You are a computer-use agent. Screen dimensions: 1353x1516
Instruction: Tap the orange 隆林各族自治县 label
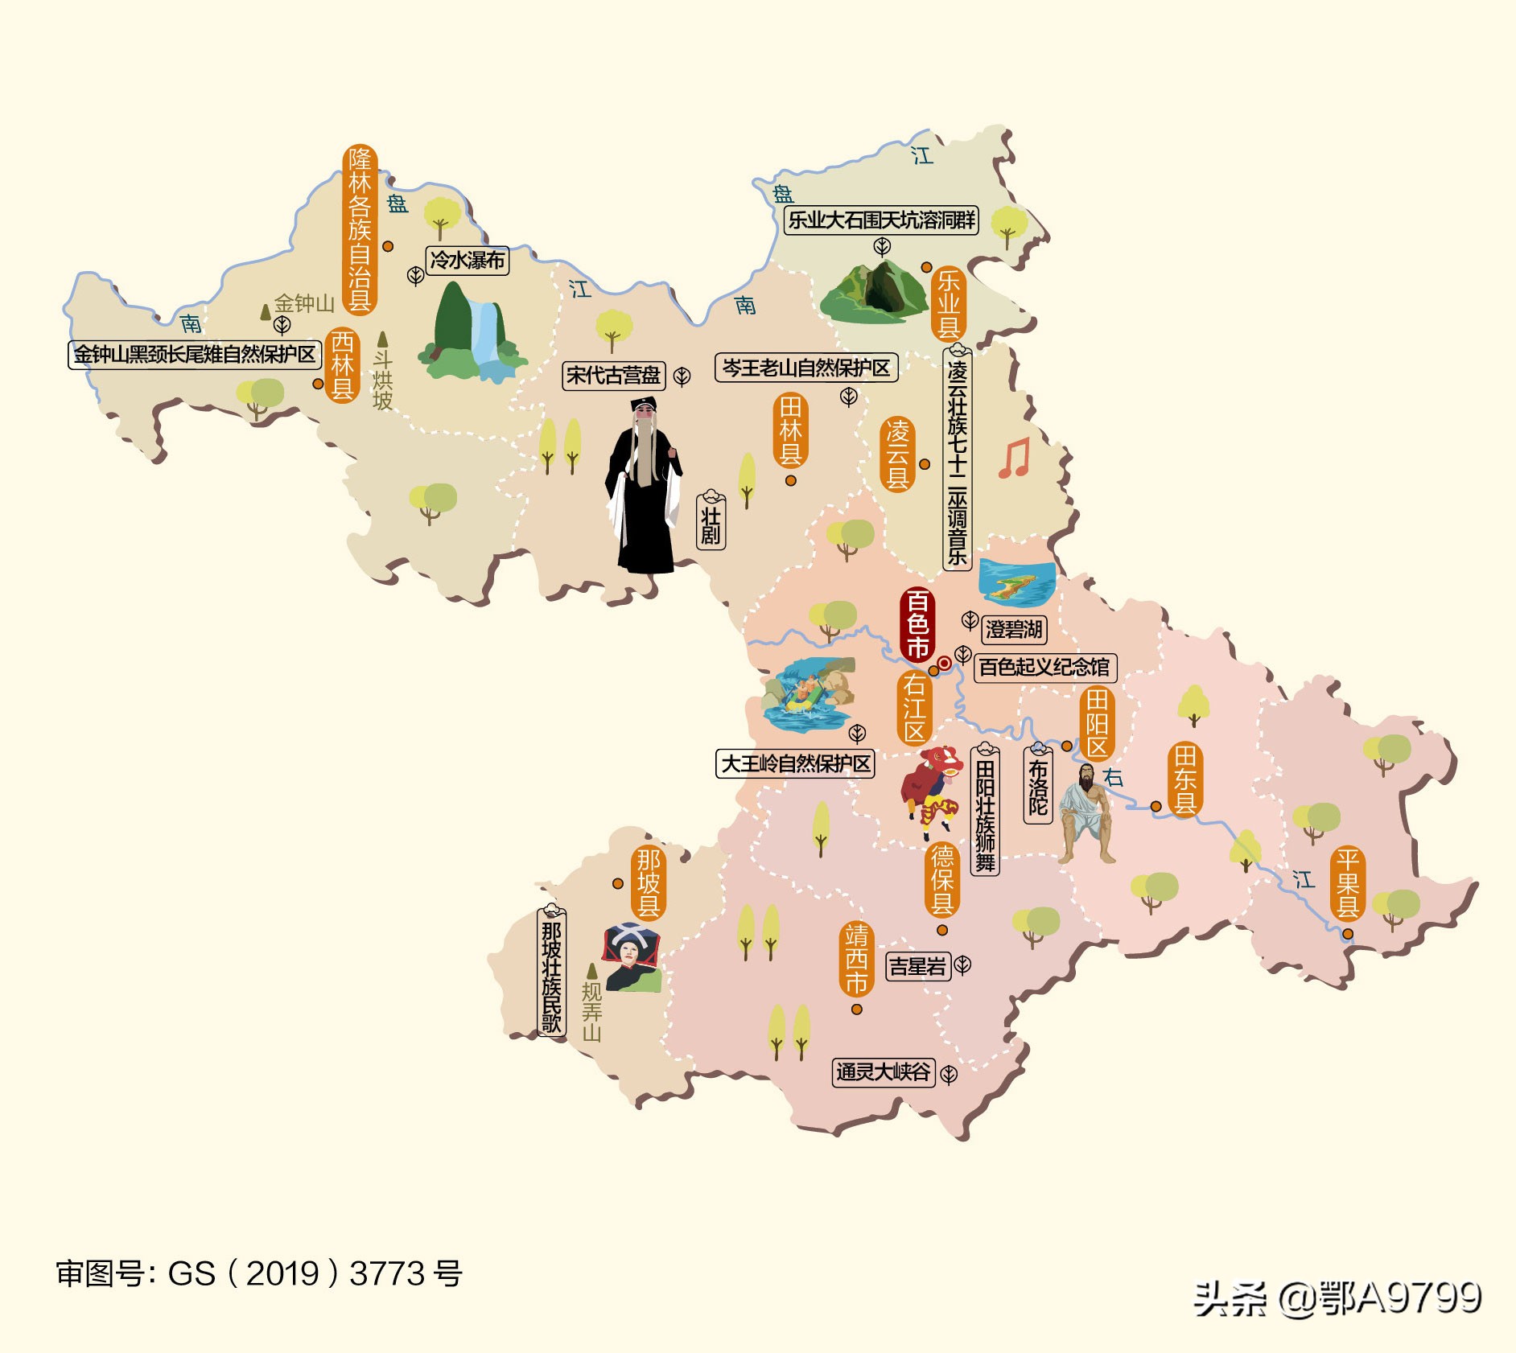pos(360,230)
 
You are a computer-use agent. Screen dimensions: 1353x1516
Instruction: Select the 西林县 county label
pos(343,364)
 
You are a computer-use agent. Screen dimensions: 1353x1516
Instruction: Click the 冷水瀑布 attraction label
pos(468,261)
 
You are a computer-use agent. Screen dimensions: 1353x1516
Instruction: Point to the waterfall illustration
pos(472,334)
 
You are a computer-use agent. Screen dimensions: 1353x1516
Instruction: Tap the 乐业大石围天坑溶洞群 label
pos(881,220)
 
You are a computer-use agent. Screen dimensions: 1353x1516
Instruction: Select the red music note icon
pos(1014,459)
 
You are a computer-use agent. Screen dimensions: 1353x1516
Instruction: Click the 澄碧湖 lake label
pos(1014,629)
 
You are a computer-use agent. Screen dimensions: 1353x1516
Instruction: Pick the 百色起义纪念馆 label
pos(1044,667)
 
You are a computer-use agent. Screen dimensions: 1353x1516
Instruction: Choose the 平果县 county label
pos(1348,883)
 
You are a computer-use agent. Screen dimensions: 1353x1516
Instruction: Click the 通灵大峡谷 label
pos(883,1072)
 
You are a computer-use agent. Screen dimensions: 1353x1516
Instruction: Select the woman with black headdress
pos(632,956)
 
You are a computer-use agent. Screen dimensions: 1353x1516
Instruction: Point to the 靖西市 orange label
pos(856,959)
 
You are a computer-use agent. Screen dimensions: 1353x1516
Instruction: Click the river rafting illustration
pos(808,693)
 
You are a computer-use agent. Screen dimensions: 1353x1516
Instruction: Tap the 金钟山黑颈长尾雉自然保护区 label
pos(195,354)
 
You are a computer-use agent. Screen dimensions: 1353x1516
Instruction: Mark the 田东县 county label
pos(1185,779)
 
